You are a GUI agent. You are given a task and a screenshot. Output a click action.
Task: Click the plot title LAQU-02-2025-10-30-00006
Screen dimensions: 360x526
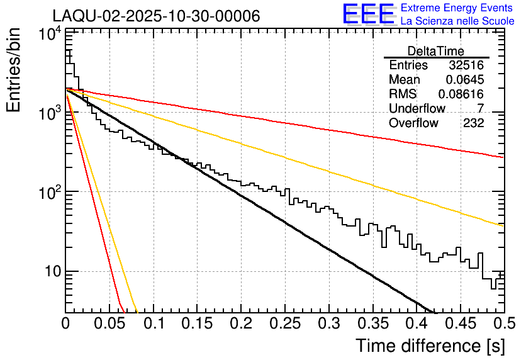pos(156,16)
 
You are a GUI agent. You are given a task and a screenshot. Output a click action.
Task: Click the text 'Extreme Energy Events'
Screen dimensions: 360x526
pos(457,8)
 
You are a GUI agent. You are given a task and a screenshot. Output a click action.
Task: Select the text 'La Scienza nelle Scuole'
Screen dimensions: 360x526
pos(457,21)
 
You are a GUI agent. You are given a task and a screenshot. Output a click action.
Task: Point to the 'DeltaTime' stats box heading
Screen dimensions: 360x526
pos(436,51)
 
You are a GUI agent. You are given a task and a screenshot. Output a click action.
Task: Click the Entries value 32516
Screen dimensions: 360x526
pos(466,65)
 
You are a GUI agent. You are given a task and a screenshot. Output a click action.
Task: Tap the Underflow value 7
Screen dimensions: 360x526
pos(480,109)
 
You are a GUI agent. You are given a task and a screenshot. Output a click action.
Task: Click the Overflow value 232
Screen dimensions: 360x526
pos(473,123)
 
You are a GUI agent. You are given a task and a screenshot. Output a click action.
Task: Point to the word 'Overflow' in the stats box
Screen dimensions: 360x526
pos(413,123)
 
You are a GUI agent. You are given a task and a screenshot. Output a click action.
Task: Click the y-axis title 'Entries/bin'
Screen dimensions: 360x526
pos(14,70)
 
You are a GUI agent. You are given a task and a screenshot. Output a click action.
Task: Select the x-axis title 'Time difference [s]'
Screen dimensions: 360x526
pos(430,346)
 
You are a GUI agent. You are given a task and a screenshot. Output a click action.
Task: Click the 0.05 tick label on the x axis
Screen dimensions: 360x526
pos(109,324)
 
